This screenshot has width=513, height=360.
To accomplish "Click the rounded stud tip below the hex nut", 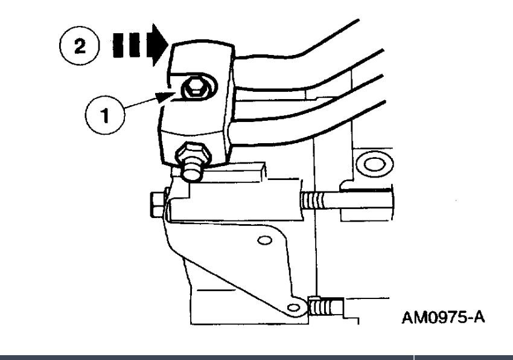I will point(191,172).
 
